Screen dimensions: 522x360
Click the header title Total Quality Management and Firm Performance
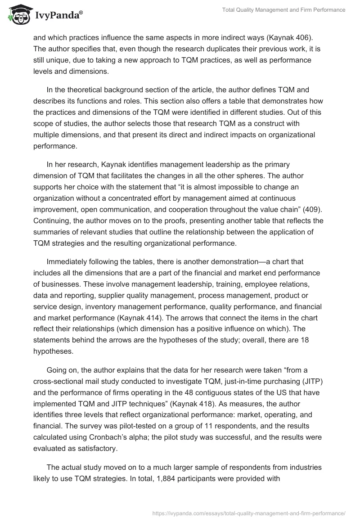[x=284, y=10]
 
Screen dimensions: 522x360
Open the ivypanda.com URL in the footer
[x=249, y=513]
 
